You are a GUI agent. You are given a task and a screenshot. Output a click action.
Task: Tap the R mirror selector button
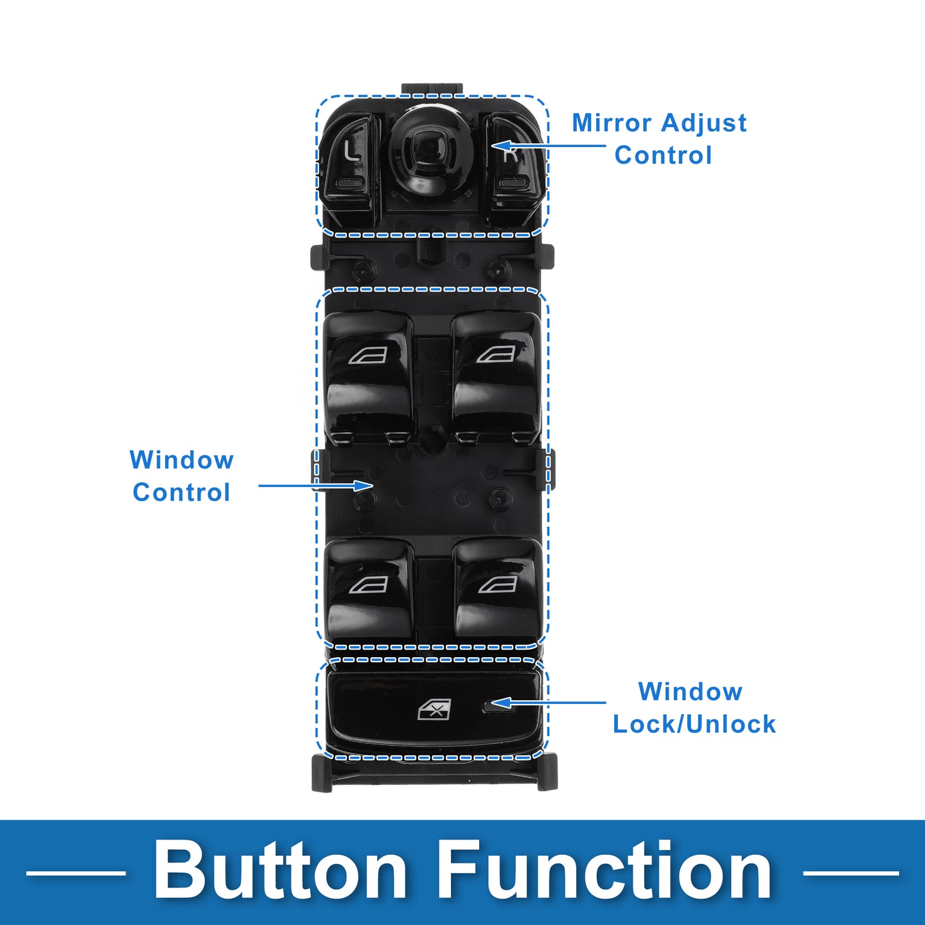click(512, 164)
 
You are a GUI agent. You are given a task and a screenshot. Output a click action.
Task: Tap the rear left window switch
click(369, 588)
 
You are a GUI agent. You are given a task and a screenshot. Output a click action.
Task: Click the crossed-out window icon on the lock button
click(435, 710)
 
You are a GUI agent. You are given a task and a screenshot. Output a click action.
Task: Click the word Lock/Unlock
click(694, 724)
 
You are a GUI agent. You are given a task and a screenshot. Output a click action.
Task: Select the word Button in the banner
click(279, 872)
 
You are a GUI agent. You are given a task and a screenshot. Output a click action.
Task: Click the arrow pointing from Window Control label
click(315, 486)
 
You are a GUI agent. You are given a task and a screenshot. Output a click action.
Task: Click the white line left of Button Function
click(76, 873)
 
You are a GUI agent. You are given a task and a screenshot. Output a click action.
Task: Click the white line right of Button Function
click(850, 873)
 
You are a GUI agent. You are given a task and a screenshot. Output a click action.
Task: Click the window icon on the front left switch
click(368, 355)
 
